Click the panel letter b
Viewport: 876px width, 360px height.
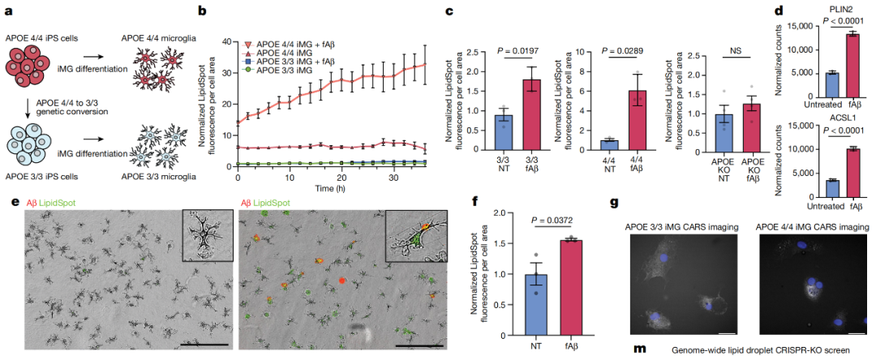coord(201,11)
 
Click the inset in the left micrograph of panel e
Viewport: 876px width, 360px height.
coord(208,236)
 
